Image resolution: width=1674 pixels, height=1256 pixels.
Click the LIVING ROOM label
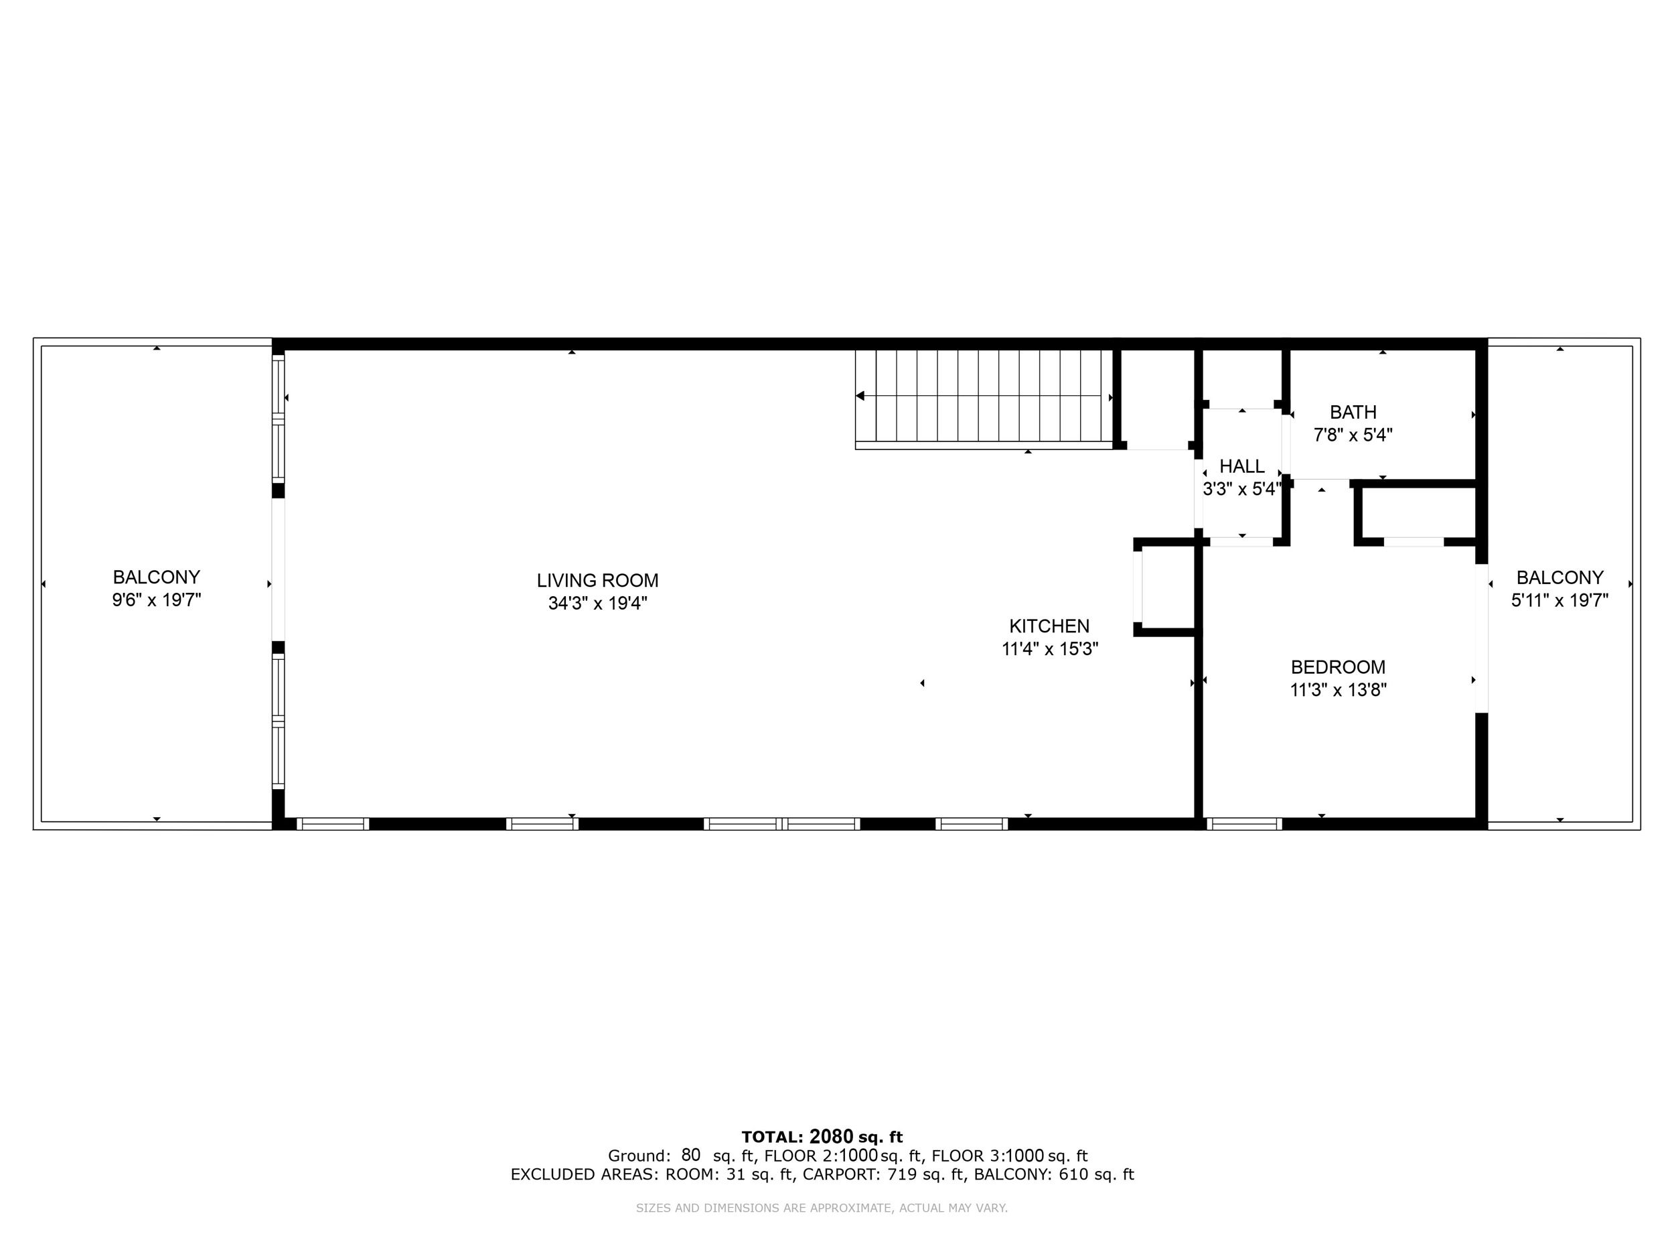pyautogui.click(x=597, y=581)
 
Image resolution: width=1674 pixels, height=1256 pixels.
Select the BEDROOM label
pyautogui.click(x=1338, y=667)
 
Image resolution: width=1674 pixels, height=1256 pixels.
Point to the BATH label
pyautogui.click(x=1353, y=413)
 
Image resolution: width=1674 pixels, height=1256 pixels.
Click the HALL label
pyautogui.click(x=1242, y=466)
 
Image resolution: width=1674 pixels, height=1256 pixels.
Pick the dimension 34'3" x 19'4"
pyautogui.click(x=598, y=604)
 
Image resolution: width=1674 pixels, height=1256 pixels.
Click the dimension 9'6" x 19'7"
pyautogui.click(x=157, y=600)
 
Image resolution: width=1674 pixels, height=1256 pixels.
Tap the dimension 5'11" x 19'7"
pyautogui.click(x=1559, y=600)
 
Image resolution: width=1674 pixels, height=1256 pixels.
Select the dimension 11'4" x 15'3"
pyautogui.click(x=1050, y=649)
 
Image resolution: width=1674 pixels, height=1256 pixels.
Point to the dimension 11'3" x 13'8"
pyautogui.click(x=1338, y=690)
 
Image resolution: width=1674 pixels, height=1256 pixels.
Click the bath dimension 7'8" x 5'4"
pyautogui.click(x=1353, y=435)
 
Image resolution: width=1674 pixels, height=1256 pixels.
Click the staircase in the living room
pyautogui.click(x=984, y=399)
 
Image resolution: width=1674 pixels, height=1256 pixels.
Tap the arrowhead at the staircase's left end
pyautogui.click(x=860, y=396)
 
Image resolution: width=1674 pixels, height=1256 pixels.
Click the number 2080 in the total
pyautogui.click(x=831, y=1136)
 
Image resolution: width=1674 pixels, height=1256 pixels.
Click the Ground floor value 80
pyautogui.click(x=690, y=1155)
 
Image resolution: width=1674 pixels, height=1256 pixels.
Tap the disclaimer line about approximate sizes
pyautogui.click(x=821, y=1208)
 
